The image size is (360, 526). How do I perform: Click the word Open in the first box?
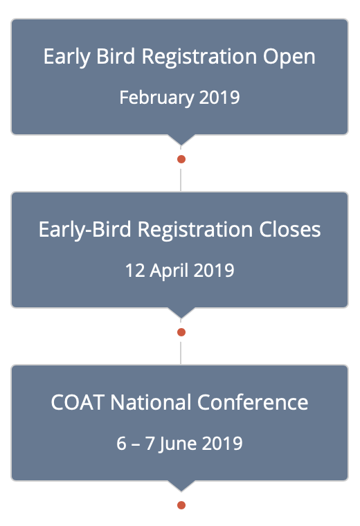coord(289,57)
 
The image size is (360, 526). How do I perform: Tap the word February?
coord(157,98)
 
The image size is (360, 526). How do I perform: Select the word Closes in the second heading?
coord(289,230)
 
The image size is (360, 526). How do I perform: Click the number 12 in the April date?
coord(135,271)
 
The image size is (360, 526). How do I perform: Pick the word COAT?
coord(78,402)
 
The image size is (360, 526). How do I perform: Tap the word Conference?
coord(252,402)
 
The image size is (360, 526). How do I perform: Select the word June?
coord(177,444)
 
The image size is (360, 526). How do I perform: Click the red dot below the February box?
coord(181,159)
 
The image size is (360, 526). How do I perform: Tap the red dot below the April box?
coord(181,332)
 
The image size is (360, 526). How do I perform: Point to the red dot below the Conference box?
coord(181,505)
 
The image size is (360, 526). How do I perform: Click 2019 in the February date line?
coord(219,98)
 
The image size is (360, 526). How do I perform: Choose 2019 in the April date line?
coord(214,271)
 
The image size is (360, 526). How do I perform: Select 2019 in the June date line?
coord(222,444)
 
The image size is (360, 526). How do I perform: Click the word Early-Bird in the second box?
coord(85,230)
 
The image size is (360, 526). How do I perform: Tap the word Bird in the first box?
coord(116,56)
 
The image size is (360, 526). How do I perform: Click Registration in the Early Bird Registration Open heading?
coord(199,57)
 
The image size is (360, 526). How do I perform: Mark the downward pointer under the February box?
coord(181,140)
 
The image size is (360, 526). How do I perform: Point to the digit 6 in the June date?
coord(121,444)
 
